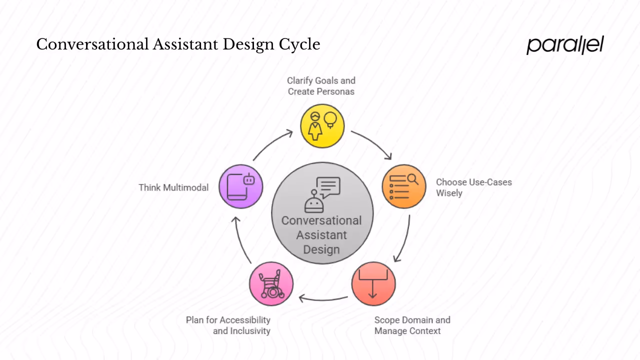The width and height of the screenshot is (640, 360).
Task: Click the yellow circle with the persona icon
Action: (322, 126)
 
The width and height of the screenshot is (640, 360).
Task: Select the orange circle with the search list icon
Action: (404, 186)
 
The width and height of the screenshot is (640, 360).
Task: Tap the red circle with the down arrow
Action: (373, 283)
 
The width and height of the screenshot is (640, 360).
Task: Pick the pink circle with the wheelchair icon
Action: (271, 283)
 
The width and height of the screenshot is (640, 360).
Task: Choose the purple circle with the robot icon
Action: (241, 186)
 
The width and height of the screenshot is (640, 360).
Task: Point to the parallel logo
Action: (565, 45)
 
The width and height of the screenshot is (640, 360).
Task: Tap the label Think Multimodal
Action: (173, 187)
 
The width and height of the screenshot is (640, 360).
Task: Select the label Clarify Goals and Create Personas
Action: (321, 86)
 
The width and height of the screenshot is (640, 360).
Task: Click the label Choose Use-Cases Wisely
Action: (473, 187)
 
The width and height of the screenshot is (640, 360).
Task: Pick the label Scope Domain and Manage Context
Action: (412, 325)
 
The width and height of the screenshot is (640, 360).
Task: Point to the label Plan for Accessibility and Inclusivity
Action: (228, 325)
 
